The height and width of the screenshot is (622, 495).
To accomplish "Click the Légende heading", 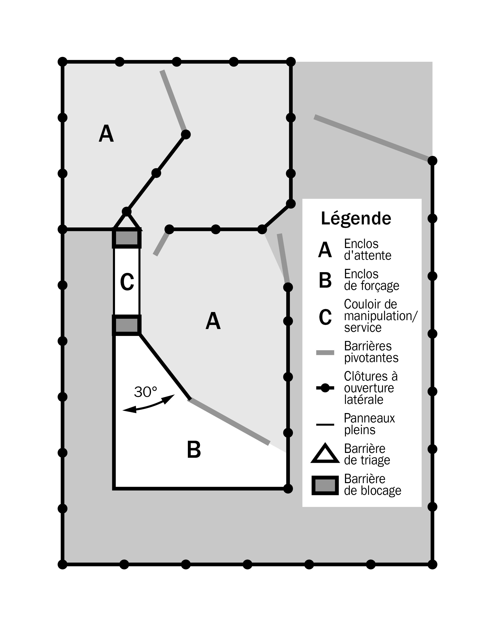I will point(356,219).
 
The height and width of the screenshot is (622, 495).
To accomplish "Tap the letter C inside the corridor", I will point(127,282).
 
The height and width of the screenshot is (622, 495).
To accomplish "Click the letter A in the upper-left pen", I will point(106,134).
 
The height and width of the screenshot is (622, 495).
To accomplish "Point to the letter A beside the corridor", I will point(213,321).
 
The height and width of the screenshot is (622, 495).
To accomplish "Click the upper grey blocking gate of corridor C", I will point(127,238).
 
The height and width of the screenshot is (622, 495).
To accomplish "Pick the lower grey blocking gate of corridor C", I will point(127,325).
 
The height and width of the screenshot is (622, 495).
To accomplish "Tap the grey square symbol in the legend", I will point(325,485).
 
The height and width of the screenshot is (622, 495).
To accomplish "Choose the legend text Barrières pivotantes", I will point(371,352).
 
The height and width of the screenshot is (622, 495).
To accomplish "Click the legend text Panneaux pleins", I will point(369,424).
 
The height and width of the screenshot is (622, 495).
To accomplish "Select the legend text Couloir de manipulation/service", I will point(380,316).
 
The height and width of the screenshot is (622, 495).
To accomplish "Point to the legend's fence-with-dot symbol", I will point(325,388).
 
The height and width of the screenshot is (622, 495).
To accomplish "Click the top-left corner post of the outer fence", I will point(62,62).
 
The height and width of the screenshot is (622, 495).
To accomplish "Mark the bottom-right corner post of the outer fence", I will point(432,564).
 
